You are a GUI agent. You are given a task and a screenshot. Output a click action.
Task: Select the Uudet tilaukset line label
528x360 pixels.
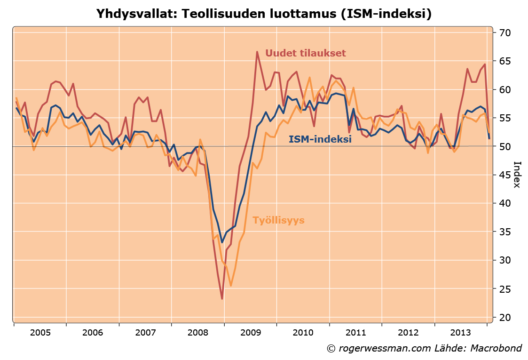306,53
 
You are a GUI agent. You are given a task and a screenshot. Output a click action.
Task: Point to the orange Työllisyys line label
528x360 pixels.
278,220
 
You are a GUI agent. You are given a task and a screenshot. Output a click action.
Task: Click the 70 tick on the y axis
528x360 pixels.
505,33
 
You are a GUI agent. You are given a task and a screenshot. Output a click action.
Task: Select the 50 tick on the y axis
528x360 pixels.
505,146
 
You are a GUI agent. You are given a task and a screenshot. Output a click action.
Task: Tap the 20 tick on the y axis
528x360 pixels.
505,317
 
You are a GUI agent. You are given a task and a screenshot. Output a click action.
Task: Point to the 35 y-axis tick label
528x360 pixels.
505,232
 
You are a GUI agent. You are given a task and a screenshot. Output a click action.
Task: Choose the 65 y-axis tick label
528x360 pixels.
505,61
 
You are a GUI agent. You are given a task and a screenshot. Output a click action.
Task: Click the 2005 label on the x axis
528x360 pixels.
40,333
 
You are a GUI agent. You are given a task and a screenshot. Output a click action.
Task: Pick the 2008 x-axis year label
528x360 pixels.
197,333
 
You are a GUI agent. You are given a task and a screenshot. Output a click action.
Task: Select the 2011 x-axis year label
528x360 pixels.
355,333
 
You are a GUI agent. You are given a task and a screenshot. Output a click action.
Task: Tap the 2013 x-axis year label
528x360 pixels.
460,333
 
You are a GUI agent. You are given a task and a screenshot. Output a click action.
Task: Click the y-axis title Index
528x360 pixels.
517,175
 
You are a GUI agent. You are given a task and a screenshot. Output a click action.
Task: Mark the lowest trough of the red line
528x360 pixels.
222,298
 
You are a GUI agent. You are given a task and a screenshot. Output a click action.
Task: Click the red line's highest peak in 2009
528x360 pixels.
257,52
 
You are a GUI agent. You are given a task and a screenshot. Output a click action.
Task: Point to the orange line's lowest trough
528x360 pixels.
230,285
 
